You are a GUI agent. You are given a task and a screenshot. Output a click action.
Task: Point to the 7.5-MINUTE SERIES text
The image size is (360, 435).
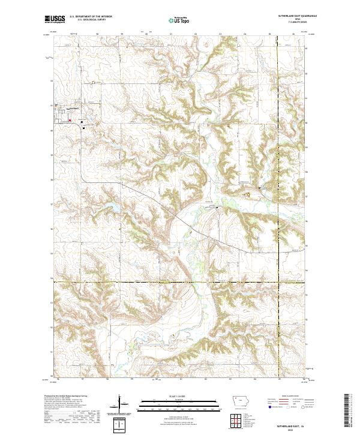tap(291, 23)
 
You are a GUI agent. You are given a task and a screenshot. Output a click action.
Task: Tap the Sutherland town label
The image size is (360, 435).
tap(72, 109)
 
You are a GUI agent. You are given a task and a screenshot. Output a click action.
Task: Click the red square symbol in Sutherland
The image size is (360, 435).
tap(70, 121)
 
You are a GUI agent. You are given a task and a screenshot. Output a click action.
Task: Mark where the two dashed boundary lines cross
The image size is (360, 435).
tap(279, 281)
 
